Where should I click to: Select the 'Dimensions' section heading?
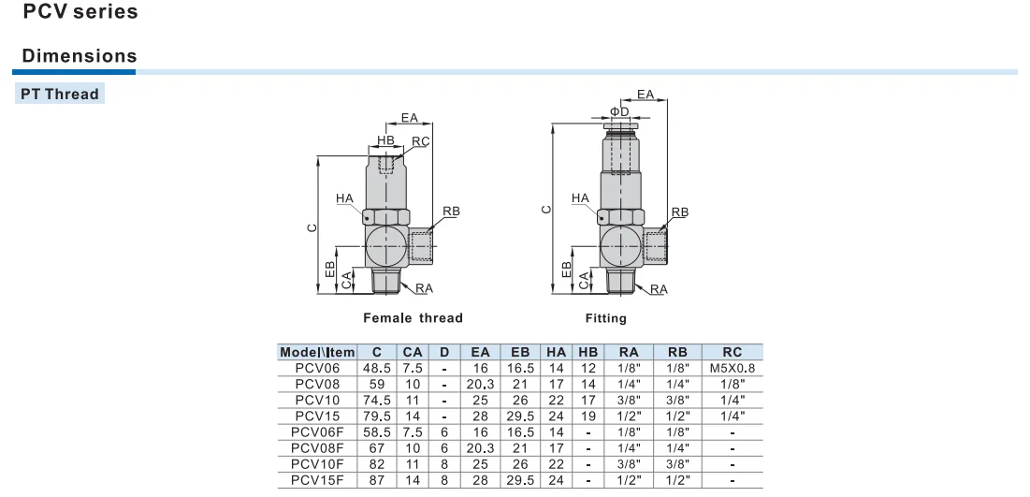(79, 56)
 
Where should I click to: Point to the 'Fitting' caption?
(606, 318)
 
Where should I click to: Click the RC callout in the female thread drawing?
(419, 142)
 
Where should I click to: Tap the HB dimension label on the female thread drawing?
(385, 140)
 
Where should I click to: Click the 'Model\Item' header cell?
(317, 352)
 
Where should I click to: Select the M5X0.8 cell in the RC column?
(733, 367)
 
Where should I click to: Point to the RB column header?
(677, 352)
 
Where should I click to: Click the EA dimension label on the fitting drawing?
(646, 95)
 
